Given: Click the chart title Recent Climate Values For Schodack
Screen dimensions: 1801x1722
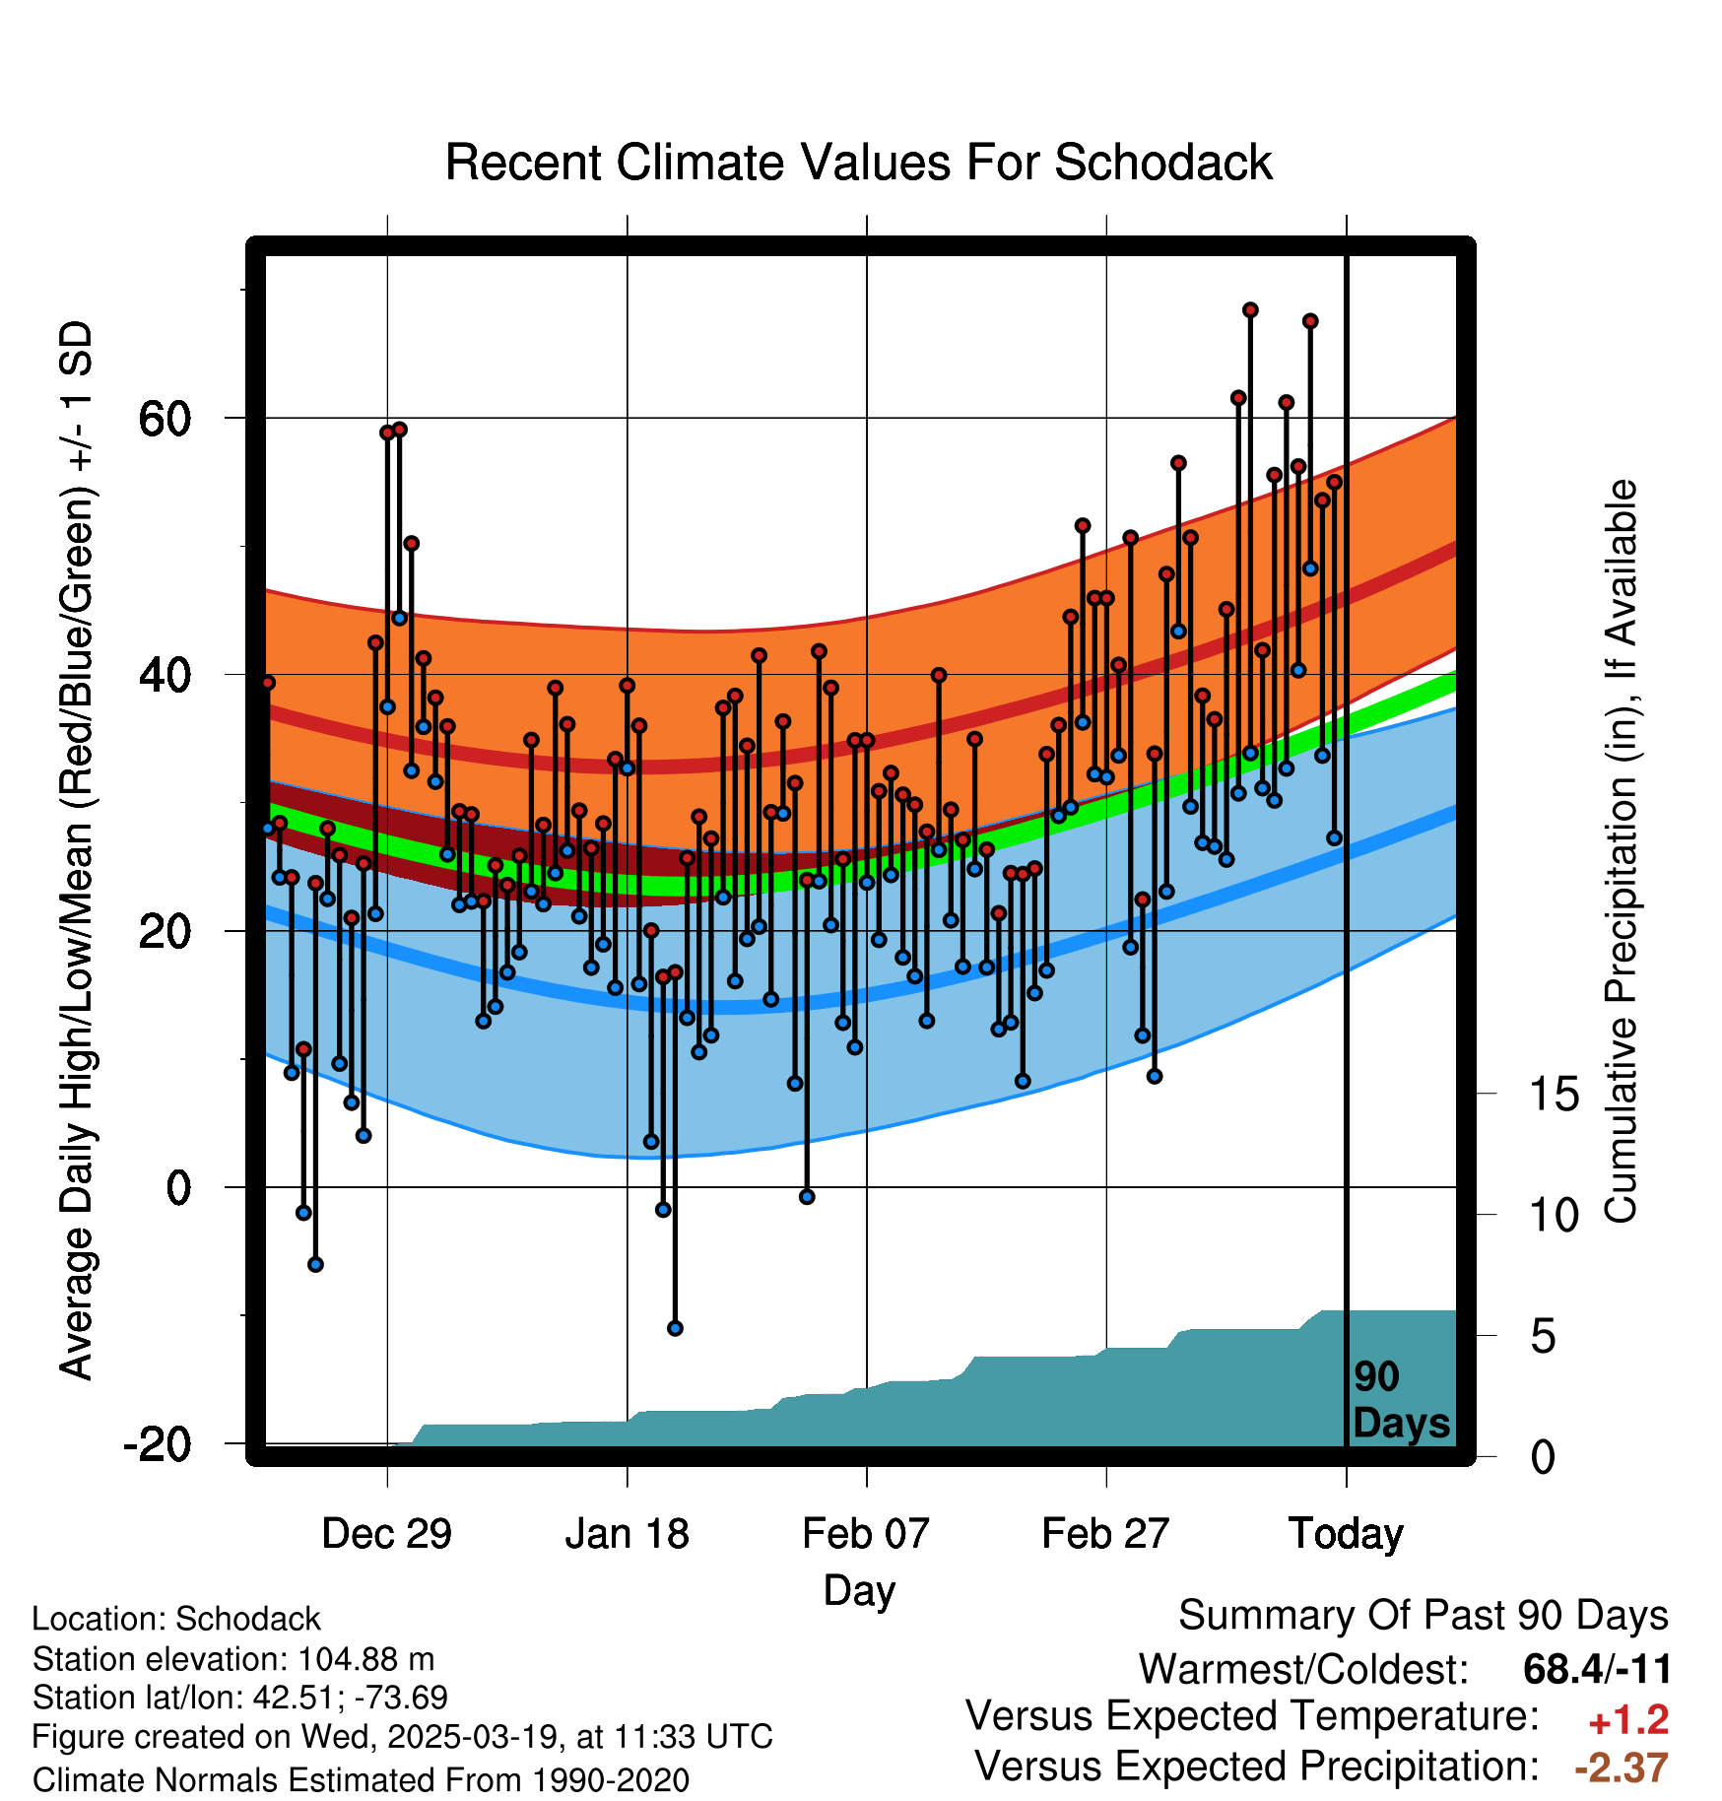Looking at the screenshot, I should click(x=858, y=163).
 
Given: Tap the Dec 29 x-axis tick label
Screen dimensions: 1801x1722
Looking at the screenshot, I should click(x=386, y=1534).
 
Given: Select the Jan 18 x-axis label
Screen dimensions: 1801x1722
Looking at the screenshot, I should click(x=627, y=1534).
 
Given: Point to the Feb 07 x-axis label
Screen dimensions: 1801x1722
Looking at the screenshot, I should click(x=866, y=1534).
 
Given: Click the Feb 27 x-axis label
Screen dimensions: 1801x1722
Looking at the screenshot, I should click(x=1105, y=1534).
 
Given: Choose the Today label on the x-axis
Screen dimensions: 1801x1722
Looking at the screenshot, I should click(x=1346, y=1534).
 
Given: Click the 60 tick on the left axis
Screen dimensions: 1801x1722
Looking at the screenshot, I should click(x=165, y=419).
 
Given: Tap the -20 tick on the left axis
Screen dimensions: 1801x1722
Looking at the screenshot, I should click(x=158, y=1444).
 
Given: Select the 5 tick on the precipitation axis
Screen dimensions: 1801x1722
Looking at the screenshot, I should click(x=1543, y=1337).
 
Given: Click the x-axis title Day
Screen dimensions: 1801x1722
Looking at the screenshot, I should click(x=859, y=1590).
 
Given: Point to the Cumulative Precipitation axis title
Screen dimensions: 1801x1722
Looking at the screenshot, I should click(x=1621, y=852).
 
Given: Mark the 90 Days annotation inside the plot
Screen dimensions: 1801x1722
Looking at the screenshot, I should click(x=1401, y=1400).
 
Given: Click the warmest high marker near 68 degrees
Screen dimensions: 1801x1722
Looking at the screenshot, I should click(x=1250, y=310).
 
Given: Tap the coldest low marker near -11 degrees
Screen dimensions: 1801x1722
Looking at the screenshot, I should click(x=675, y=1328).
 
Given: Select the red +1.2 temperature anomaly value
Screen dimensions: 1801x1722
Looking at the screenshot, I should click(x=1628, y=1720).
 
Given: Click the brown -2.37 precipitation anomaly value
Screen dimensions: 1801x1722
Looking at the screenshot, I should click(x=1622, y=1768).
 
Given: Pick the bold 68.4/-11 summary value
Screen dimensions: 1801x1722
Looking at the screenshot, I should click(x=1597, y=1669).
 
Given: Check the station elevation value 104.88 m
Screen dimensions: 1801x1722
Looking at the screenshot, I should click(x=365, y=1660).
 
